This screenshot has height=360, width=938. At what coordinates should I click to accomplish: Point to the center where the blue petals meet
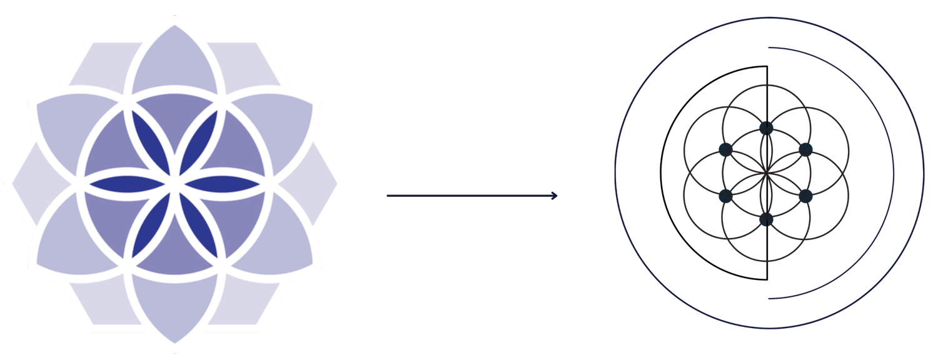click(174, 184)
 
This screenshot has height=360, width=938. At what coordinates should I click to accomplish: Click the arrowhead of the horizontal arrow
click(554, 196)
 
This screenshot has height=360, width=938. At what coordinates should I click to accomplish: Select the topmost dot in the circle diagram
click(766, 128)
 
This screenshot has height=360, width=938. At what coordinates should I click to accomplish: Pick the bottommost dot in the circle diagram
click(766, 219)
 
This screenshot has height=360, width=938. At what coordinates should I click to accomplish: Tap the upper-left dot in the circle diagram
click(726, 149)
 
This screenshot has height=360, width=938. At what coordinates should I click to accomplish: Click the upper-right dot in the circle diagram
click(805, 149)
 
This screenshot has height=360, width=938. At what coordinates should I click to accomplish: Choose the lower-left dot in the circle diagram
click(726, 196)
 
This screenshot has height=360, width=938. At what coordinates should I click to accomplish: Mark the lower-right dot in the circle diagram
click(805, 196)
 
